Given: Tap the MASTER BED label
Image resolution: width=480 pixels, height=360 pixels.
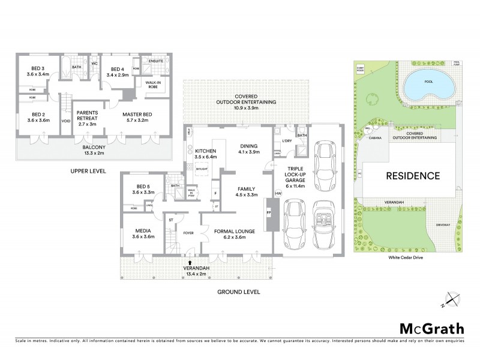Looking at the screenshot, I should (137, 117).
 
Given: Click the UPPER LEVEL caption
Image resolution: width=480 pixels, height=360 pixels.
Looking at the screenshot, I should (88, 171).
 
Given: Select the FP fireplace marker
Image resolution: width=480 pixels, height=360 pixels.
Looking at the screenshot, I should (269, 212).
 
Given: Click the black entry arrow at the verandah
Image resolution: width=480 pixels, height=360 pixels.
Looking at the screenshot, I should (190, 262).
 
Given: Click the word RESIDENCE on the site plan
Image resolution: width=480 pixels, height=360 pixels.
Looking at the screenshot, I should (412, 176).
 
